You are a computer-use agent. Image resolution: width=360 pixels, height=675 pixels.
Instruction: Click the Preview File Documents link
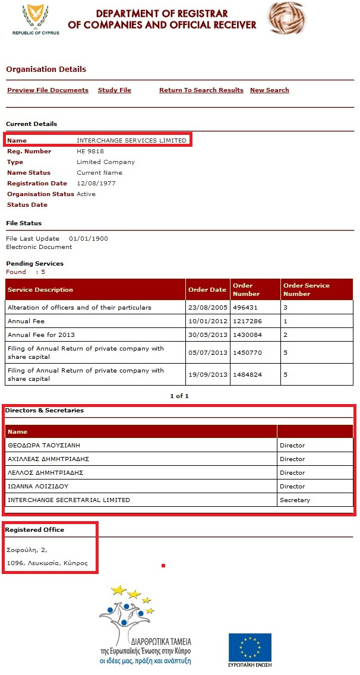(48, 90)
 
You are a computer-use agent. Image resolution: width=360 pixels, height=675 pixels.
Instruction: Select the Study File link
(114, 90)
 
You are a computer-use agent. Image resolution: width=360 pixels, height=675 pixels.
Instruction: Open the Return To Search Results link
(201, 90)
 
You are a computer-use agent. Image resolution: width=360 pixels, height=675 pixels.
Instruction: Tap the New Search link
(269, 90)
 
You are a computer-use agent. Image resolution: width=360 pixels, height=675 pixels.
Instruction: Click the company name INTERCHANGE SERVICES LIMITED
(131, 141)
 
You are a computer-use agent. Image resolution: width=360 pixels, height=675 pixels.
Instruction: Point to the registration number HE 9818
(90, 152)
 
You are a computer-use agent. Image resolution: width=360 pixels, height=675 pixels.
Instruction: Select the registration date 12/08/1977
(96, 184)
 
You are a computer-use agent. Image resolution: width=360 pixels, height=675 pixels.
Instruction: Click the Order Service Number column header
(306, 289)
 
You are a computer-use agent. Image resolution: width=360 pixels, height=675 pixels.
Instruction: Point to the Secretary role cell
(295, 500)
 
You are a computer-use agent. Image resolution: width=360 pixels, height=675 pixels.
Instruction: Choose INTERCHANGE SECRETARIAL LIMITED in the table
(68, 500)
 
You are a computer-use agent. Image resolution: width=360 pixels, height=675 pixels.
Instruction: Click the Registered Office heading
(35, 530)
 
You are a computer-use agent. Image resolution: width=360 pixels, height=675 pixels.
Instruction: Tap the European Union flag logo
(250, 647)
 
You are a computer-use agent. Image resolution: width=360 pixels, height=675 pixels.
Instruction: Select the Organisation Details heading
(46, 70)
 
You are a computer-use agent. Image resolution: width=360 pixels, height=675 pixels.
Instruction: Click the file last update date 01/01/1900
(89, 239)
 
